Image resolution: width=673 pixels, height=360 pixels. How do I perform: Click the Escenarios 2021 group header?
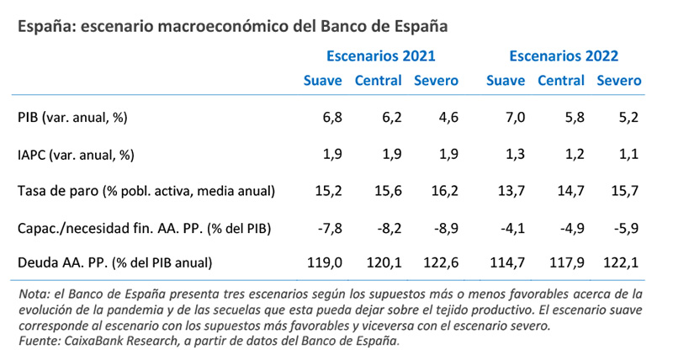[381, 56]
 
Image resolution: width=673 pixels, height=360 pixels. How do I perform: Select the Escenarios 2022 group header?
[564, 56]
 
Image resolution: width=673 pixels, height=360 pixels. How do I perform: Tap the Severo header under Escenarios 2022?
[618, 82]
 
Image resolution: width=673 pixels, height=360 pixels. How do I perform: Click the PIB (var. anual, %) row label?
[72, 118]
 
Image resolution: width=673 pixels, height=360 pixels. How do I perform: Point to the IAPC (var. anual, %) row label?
[76, 154]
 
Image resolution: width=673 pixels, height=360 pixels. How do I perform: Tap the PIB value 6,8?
[331, 118]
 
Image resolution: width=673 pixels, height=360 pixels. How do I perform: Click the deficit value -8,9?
[443, 227]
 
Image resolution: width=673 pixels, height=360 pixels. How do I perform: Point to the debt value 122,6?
[440, 262]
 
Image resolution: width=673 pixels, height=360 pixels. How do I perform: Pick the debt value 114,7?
[508, 262]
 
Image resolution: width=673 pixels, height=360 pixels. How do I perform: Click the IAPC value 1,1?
[628, 154]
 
